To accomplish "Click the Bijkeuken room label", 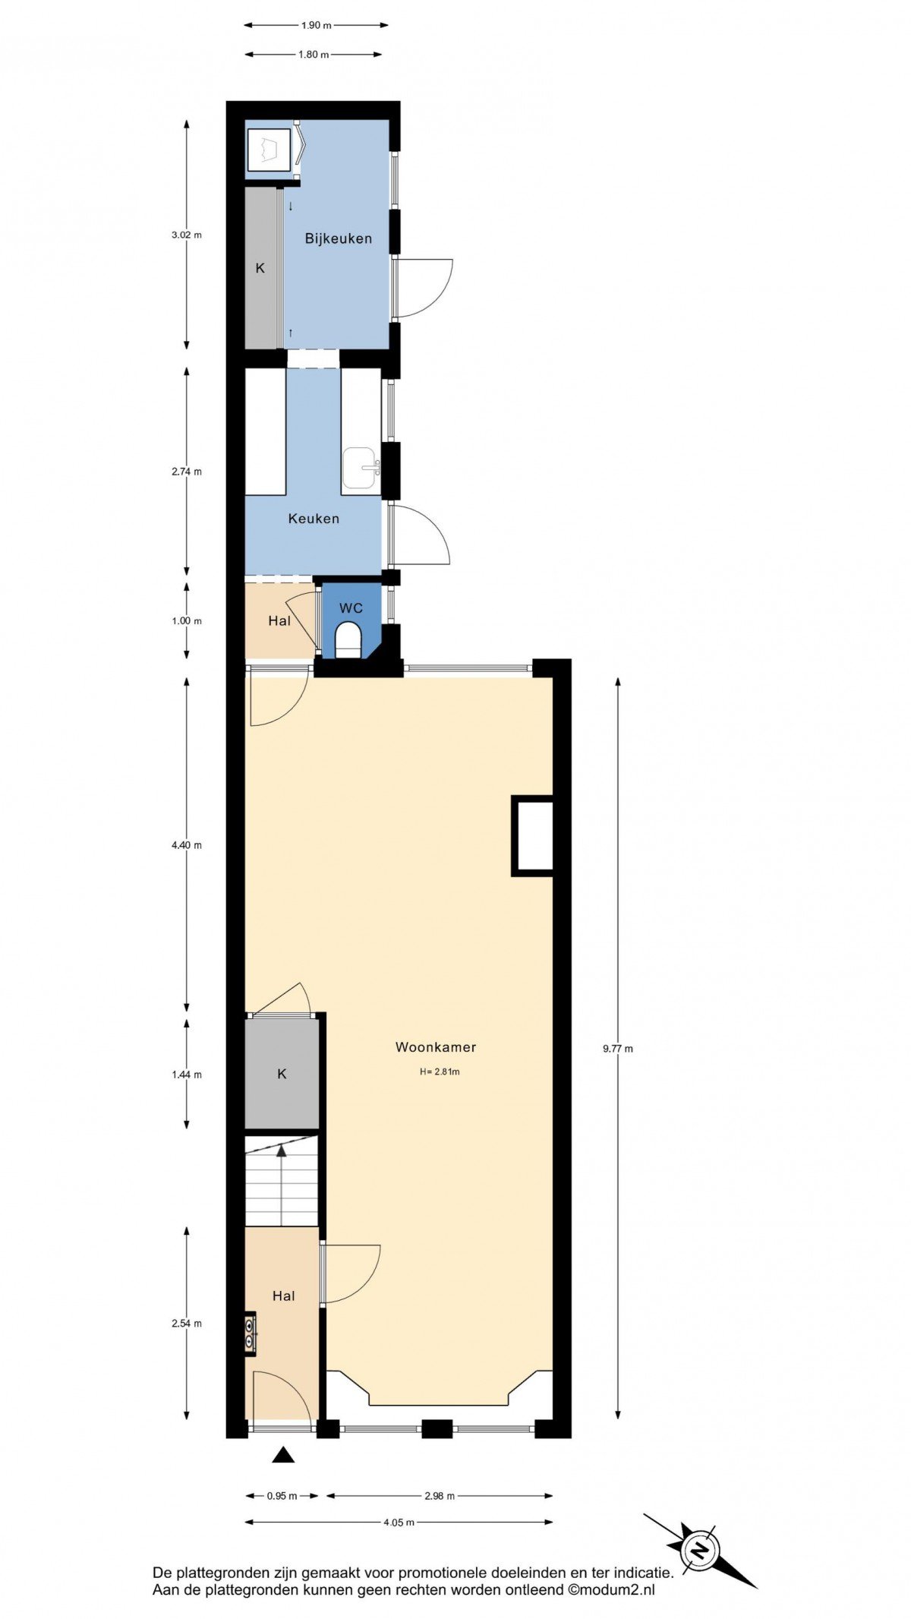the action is click(x=339, y=238).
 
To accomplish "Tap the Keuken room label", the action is click(x=314, y=519).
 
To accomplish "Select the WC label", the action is click(x=351, y=608).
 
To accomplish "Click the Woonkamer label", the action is click(x=436, y=1047).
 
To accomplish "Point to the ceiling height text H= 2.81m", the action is click(x=440, y=1072).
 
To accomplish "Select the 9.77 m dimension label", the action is click(x=618, y=1049).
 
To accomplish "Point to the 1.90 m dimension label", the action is click(x=317, y=25).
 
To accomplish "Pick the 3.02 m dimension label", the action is click(x=187, y=235).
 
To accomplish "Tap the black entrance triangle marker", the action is click(x=283, y=1454).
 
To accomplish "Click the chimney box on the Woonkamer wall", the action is click(x=532, y=835).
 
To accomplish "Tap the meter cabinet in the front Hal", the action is click(x=251, y=1333).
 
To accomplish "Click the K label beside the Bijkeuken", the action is click(x=260, y=268).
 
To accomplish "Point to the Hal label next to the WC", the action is click(x=279, y=620).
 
